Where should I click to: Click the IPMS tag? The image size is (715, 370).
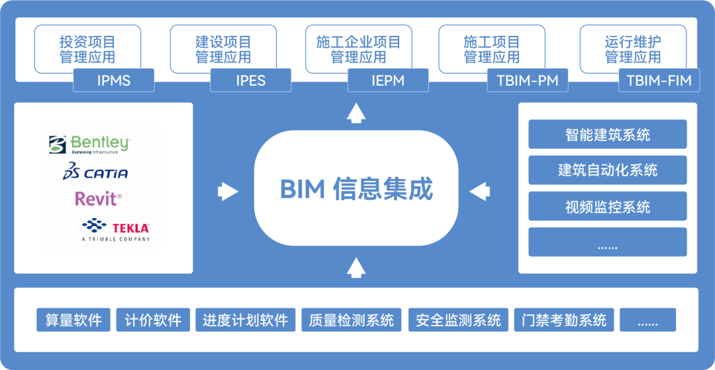(114, 81)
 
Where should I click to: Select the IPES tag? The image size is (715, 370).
(250, 81)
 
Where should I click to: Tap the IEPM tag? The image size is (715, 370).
(387, 81)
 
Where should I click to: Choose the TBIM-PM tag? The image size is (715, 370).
(527, 81)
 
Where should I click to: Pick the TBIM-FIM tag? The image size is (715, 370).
(658, 81)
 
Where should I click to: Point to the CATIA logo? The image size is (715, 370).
(95, 172)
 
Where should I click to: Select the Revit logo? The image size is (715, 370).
(98, 198)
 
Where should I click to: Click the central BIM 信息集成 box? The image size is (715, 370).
(356, 189)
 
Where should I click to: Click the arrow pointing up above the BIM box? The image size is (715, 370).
(356, 113)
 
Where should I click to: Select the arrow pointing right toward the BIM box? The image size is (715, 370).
(228, 192)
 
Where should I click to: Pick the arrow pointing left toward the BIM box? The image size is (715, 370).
(479, 192)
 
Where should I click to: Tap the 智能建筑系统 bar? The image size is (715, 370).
(607, 135)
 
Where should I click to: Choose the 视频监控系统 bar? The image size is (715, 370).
(607, 207)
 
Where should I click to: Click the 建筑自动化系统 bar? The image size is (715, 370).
(607, 170)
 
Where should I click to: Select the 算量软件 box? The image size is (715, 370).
(73, 320)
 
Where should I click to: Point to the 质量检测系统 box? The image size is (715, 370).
(351, 320)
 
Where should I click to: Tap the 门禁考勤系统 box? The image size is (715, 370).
(563, 320)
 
